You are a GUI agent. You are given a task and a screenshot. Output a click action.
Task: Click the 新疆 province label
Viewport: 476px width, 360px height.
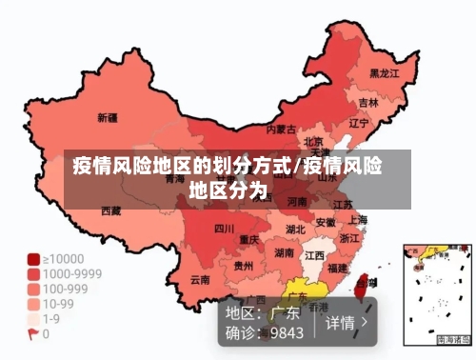[108, 119]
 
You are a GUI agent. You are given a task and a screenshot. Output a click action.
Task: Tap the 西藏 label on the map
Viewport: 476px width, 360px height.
[111, 210]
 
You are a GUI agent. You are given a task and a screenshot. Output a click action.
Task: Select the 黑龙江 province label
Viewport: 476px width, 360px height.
[384, 72]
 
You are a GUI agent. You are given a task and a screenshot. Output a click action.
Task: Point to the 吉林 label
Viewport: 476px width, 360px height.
[368, 101]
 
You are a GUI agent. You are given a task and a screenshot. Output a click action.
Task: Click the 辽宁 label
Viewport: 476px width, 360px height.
[359, 123]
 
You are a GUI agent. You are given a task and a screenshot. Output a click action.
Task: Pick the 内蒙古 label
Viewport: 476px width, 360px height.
[281, 129]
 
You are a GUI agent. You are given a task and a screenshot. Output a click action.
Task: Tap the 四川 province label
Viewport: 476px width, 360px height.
[224, 229]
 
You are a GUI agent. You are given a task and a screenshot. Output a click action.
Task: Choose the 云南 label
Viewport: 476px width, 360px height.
[200, 280]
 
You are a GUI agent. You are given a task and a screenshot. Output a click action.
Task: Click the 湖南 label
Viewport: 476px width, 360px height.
[284, 253]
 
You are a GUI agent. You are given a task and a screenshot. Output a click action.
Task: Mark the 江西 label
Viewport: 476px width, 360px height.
[314, 256]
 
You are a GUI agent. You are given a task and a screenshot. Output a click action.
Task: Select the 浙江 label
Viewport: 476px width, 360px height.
[350, 238]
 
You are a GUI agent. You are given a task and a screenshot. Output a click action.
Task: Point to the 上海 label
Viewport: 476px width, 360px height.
[358, 219]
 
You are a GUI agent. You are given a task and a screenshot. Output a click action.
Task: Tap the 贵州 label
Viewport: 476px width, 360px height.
[245, 266]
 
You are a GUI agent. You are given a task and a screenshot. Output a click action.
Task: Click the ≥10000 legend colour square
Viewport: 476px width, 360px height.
[33, 258]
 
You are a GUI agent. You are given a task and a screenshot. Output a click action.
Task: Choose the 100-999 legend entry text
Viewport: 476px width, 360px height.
[66, 289]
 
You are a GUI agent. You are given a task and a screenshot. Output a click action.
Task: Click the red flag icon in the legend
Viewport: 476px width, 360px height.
[33, 334]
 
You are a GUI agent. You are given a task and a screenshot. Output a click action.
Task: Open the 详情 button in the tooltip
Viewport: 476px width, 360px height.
[347, 322]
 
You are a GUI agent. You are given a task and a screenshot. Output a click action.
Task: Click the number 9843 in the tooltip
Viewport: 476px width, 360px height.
[287, 332]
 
